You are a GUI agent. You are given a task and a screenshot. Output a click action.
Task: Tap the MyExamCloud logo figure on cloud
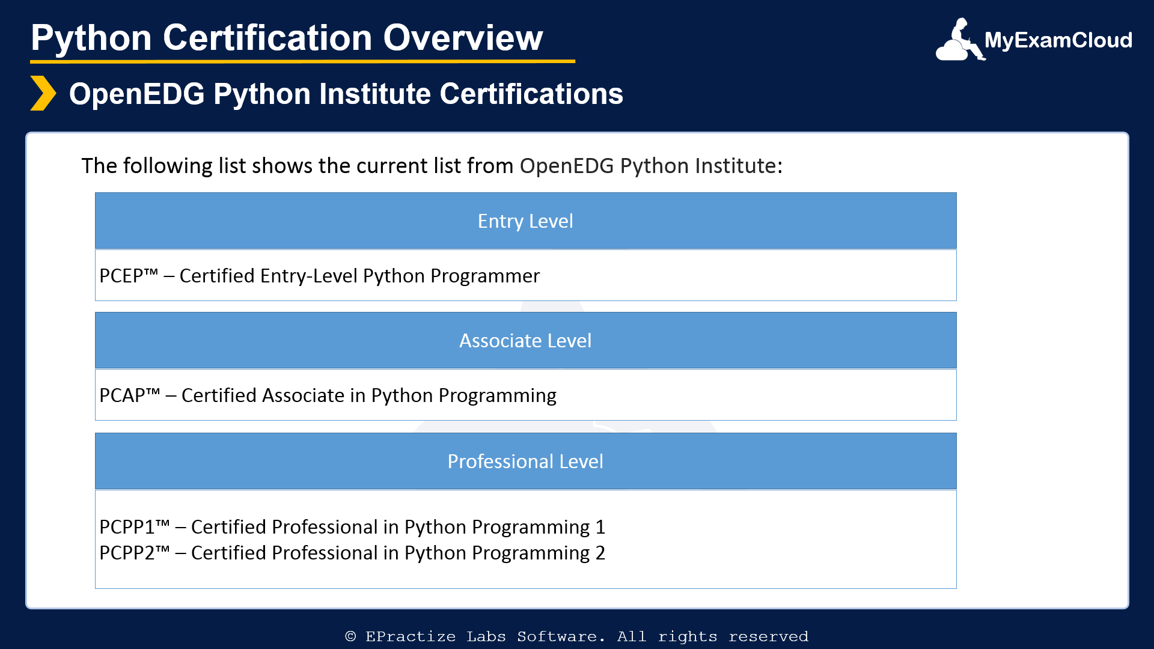pos(960,40)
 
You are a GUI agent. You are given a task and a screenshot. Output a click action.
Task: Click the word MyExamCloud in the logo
pos(1058,40)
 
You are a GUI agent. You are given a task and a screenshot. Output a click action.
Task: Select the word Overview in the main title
pos(463,38)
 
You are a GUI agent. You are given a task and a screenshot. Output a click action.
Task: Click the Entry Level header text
pos(525,221)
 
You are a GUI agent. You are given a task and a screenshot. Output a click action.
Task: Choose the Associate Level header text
pos(525,341)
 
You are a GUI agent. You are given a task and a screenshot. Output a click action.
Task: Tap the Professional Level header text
pos(525,462)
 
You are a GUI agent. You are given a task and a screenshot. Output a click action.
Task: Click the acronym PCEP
pos(121,276)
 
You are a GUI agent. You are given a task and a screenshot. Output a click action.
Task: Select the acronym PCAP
pos(122,395)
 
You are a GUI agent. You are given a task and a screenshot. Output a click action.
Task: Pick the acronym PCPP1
pos(127,527)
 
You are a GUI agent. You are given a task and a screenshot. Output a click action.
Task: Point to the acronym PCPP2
pos(127,553)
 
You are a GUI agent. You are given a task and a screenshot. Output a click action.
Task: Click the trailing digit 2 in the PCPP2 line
pos(600,553)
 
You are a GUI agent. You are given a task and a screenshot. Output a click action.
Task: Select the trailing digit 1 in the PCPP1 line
pos(600,527)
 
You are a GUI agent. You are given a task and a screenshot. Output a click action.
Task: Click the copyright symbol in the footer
pos(350,636)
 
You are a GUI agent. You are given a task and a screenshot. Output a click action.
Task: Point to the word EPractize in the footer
pos(411,636)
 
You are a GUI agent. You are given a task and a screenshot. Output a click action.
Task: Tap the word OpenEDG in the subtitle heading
pos(137,94)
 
